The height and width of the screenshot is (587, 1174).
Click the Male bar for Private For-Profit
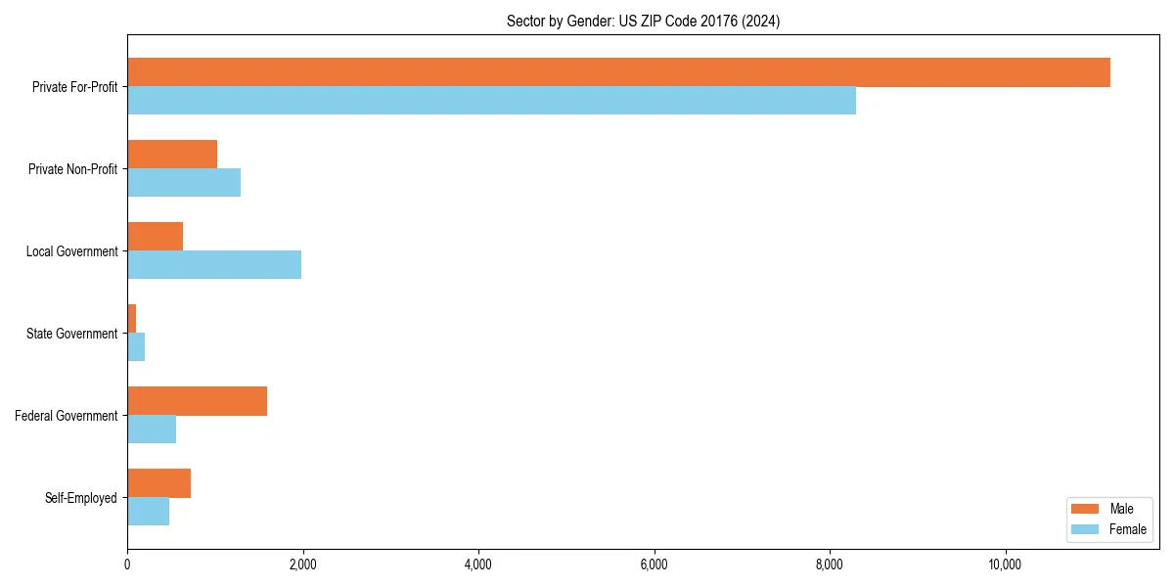pyautogui.click(x=618, y=72)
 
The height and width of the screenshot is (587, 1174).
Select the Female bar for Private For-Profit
pyautogui.click(x=491, y=101)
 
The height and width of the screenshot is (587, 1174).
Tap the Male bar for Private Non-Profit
pyautogui.click(x=172, y=155)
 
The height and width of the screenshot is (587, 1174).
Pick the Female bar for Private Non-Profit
pyautogui.click(x=184, y=183)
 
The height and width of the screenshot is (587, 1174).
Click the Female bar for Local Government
pyautogui.click(x=214, y=265)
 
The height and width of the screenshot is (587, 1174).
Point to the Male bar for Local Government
pyautogui.click(x=155, y=237)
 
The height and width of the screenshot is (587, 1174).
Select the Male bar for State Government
pyautogui.click(x=132, y=319)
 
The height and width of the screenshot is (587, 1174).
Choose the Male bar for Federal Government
pyautogui.click(x=197, y=401)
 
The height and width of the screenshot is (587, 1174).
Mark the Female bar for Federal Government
pyautogui.click(x=152, y=429)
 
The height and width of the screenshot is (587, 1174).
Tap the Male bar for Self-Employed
pyautogui.click(x=158, y=483)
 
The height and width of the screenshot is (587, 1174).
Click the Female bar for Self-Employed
pyautogui.click(x=148, y=512)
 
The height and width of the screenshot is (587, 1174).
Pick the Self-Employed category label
pyautogui.click(x=81, y=498)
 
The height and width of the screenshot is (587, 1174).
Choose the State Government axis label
pyautogui.click(x=72, y=334)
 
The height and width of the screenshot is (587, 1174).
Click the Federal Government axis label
pyautogui.click(x=67, y=416)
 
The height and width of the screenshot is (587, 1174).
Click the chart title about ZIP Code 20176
pyautogui.click(x=643, y=21)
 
